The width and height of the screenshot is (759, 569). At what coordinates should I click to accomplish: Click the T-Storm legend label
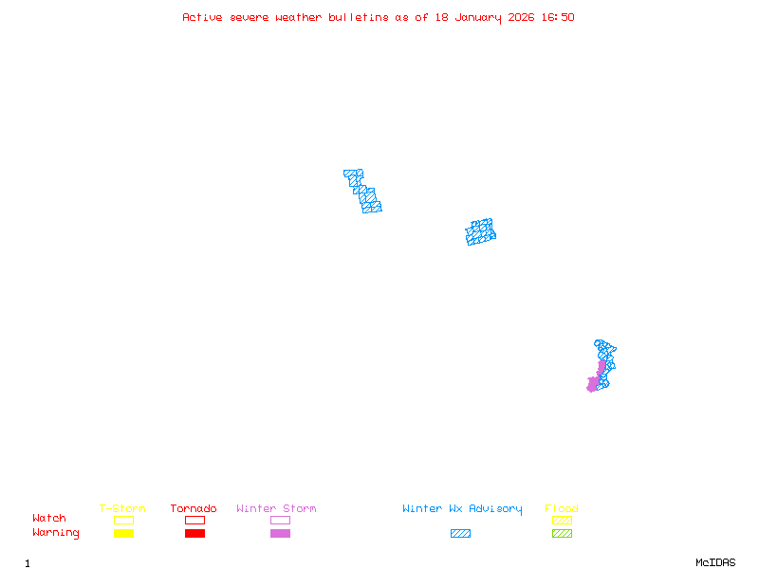tap(122, 509)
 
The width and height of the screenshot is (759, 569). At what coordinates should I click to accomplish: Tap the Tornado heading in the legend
tap(194, 509)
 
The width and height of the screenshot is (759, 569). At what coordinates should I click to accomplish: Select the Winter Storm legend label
tap(276, 509)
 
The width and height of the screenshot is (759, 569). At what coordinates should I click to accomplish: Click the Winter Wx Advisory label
tap(462, 509)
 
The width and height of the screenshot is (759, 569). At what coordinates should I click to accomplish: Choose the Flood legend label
tap(562, 509)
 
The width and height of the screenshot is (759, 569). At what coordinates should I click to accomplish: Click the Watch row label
tap(49, 519)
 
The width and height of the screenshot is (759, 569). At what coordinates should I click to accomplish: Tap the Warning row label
tap(56, 533)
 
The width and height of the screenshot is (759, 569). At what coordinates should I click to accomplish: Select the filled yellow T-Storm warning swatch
tap(123, 534)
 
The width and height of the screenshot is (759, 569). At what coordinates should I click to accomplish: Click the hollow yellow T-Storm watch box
tap(123, 520)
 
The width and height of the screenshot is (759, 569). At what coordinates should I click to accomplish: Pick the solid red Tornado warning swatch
tap(194, 534)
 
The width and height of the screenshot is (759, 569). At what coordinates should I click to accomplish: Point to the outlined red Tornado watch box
tap(194, 520)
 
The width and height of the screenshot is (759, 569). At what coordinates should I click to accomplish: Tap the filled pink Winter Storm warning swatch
tap(280, 534)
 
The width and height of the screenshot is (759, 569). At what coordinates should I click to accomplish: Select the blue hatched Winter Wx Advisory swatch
tap(460, 534)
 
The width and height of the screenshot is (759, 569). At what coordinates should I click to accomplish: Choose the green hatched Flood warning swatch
tap(562, 534)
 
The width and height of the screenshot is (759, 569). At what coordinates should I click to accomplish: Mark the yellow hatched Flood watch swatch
tap(562, 520)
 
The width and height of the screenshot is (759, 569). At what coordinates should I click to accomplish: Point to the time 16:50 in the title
tap(558, 17)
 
